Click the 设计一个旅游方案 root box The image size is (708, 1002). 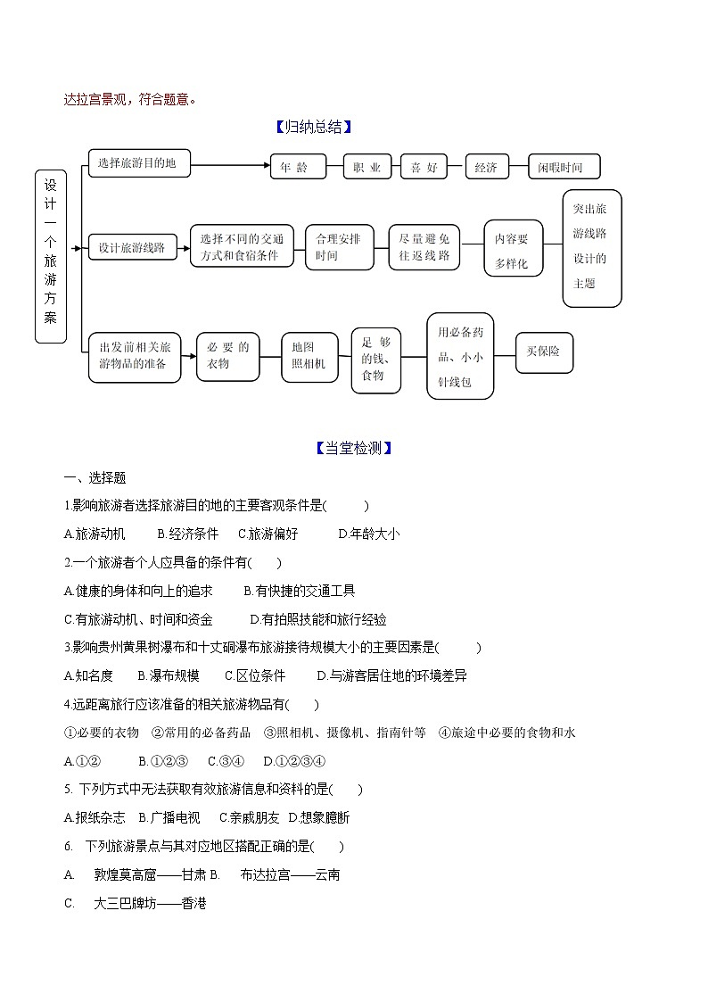coord(51,256)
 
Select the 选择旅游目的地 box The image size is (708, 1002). coord(138,163)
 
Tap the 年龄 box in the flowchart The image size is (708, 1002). coord(294,167)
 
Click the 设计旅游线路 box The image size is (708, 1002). coord(133,247)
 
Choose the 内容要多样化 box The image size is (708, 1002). coord(513,249)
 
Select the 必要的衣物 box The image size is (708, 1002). coord(227,355)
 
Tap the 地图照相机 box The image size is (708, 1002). coord(309,355)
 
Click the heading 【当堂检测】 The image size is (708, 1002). coord(354,448)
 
